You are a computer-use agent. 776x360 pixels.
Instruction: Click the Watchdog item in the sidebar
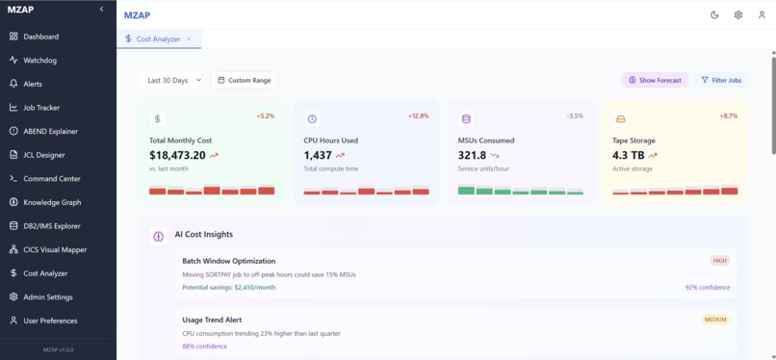pos(39,61)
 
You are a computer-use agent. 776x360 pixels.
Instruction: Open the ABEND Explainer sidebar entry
pos(50,131)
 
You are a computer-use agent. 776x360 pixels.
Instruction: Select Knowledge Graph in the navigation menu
pos(52,202)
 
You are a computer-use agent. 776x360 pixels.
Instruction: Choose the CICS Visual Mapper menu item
pos(54,249)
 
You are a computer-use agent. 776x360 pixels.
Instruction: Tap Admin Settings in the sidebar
pos(47,297)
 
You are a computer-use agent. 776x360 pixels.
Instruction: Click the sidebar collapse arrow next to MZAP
pos(102,10)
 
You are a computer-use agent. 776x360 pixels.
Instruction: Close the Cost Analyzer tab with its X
pos(189,39)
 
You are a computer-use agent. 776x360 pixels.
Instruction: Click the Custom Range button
pos(245,80)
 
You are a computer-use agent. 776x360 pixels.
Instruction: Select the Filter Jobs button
pos(721,80)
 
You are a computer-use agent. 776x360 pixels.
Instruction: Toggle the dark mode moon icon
pos(714,15)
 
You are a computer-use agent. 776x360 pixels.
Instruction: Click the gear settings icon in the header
pos(738,15)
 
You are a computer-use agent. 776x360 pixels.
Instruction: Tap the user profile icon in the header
pos(763,15)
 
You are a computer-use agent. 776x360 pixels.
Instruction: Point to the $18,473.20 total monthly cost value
pos(178,155)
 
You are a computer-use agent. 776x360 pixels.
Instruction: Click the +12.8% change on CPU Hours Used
pos(418,116)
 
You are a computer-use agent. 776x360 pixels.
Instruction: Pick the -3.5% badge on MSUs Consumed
pos(575,116)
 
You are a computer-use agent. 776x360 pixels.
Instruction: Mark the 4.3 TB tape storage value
pos(628,155)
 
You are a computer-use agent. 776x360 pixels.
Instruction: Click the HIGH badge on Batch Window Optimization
pos(719,261)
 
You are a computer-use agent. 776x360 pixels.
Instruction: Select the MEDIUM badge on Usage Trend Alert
pos(715,320)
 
